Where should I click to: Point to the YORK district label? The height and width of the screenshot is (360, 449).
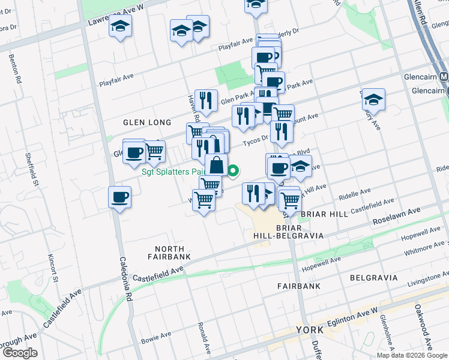click(310, 330)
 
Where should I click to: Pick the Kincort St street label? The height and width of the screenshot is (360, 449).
click(52, 268)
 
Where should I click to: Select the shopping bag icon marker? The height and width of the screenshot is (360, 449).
click(216, 164)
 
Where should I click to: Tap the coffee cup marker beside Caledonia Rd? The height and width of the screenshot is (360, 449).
click(119, 196)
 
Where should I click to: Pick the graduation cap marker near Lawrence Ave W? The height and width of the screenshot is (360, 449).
click(121, 28)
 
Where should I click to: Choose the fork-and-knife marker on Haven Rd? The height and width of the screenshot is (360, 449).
click(206, 101)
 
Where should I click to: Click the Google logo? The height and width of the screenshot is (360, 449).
click(20, 353)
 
